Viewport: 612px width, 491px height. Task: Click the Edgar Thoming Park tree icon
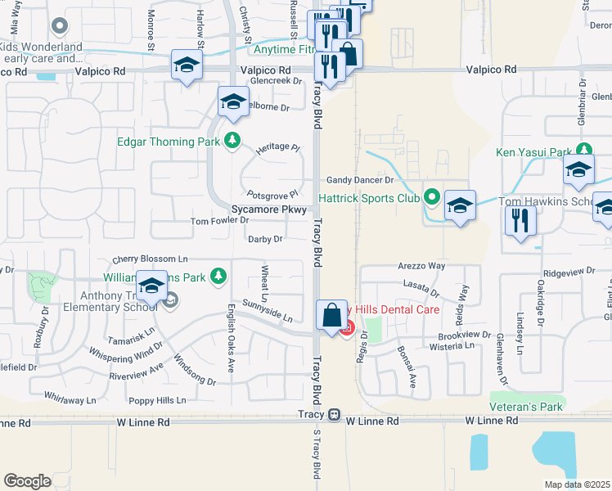click(x=233, y=141)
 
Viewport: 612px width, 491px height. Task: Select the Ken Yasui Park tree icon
click(x=583, y=151)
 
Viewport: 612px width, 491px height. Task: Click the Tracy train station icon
click(x=334, y=415)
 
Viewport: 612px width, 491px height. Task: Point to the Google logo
click(x=27, y=481)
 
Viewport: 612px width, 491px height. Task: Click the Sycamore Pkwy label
click(x=269, y=209)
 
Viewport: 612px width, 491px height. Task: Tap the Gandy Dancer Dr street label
click(x=360, y=179)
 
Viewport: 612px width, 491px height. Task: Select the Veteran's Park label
click(x=527, y=407)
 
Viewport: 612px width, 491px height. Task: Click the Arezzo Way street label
click(x=421, y=266)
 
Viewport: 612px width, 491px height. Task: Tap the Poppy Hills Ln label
click(x=157, y=401)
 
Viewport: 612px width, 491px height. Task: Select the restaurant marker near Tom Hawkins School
click(x=520, y=220)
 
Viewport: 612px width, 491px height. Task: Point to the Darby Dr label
click(x=265, y=239)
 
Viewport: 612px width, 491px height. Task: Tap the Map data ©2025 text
click(x=577, y=484)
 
